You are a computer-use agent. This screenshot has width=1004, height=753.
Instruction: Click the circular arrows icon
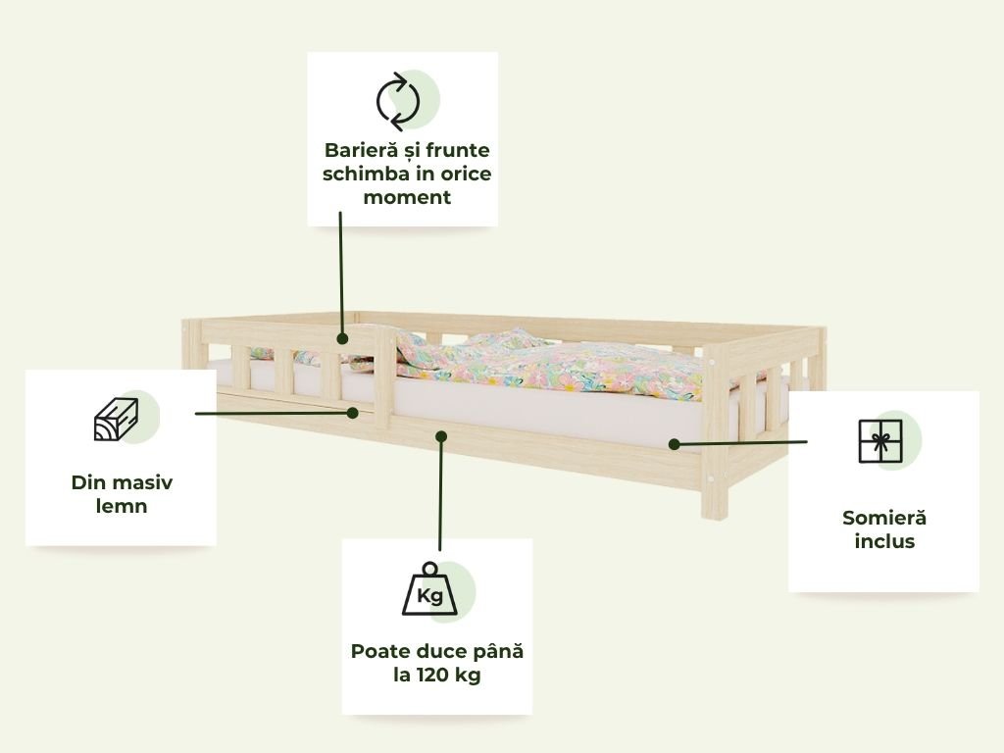(x=398, y=101)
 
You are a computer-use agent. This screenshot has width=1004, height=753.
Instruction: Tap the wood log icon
(x=116, y=420)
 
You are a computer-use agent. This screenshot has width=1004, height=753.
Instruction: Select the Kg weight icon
(x=429, y=590)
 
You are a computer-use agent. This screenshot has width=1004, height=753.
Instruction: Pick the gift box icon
(x=879, y=440)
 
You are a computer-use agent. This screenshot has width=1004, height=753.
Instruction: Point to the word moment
(x=407, y=197)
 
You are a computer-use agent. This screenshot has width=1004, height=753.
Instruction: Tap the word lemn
(x=122, y=506)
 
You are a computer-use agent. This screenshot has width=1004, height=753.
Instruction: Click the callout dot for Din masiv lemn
(x=353, y=413)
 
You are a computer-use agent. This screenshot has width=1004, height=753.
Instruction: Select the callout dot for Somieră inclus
(x=674, y=444)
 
